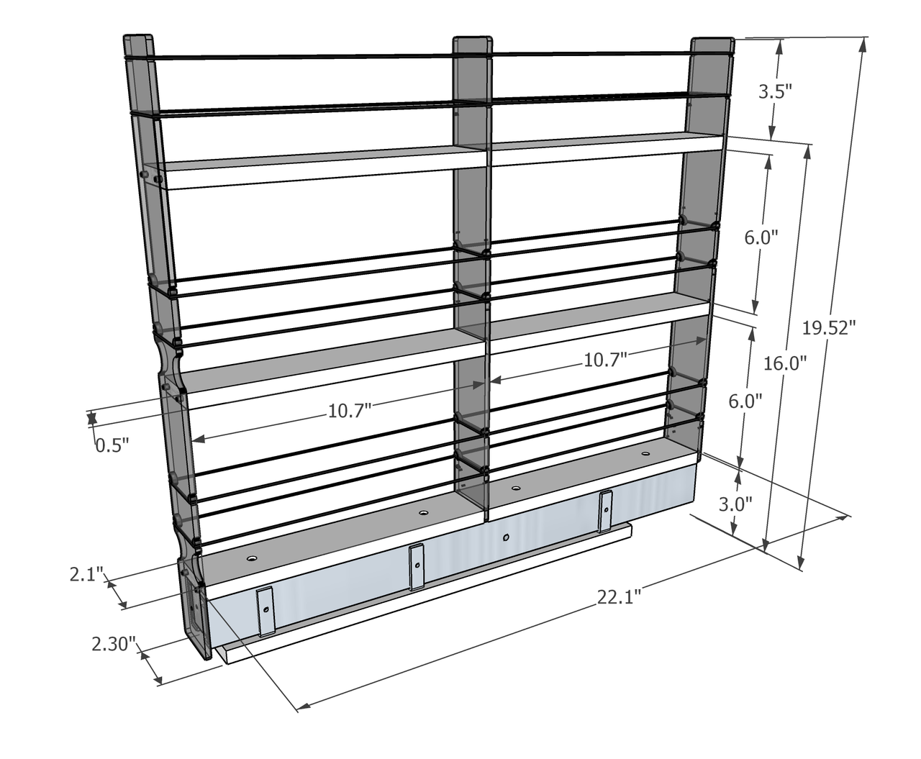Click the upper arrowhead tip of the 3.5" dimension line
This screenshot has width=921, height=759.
click(x=781, y=40)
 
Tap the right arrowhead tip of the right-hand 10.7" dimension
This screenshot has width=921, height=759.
click(x=706, y=340)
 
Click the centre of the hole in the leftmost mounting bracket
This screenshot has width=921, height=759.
click(x=266, y=610)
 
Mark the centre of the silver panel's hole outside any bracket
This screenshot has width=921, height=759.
click(x=506, y=537)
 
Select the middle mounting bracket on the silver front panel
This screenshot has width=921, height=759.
click(x=416, y=567)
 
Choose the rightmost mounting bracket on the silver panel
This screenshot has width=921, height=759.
click(x=605, y=511)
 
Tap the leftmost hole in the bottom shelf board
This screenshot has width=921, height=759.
click(x=252, y=558)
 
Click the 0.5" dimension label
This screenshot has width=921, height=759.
click(x=112, y=445)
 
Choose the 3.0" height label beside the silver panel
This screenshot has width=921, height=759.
click(x=735, y=504)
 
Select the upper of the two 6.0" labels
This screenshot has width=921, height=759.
click(x=761, y=238)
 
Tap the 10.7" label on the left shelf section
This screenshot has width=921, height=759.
click(x=350, y=411)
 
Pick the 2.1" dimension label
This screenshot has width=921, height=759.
click(x=86, y=575)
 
